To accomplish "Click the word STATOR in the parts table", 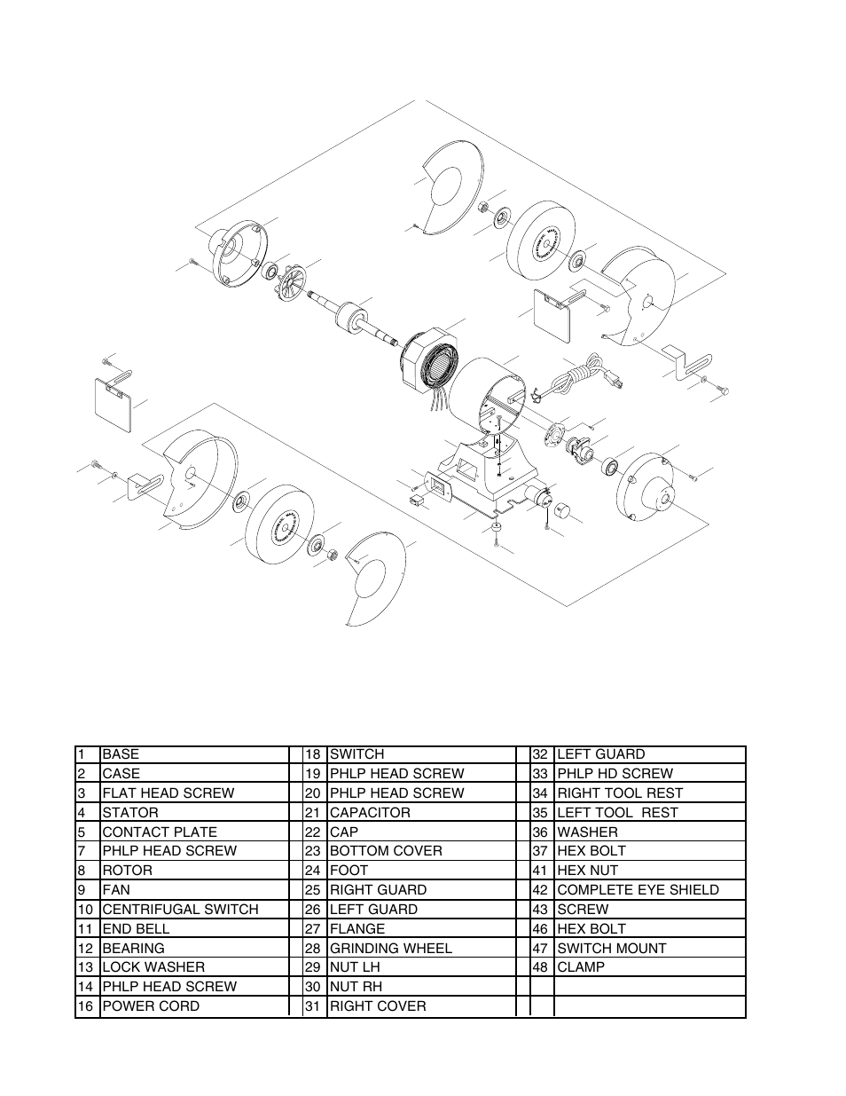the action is (x=130, y=813).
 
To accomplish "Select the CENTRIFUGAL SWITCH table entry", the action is (x=180, y=910).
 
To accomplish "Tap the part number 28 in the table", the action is (x=313, y=948).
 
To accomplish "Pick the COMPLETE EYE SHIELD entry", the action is (x=638, y=890).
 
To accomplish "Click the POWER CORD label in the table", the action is (x=151, y=1006).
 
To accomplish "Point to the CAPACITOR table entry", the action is (x=370, y=813).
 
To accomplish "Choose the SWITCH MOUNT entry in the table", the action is (x=612, y=948).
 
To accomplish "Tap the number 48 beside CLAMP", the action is (x=540, y=967).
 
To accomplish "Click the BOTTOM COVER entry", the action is (x=386, y=851).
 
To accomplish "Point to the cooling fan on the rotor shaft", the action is (x=291, y=283).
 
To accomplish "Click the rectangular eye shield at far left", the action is (x=114, y=405).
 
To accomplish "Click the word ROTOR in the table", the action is (x=127, y=871).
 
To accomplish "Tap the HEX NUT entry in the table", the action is (x=588, y=871).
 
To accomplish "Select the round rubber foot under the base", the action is (x=497, y=528).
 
